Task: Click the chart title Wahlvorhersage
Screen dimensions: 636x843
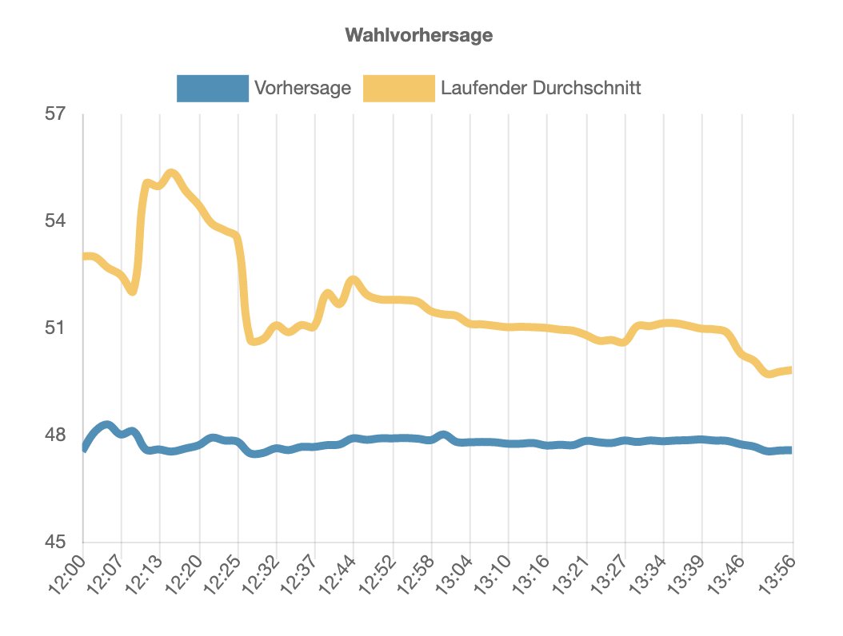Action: pyautogui.click(x=418, y=36)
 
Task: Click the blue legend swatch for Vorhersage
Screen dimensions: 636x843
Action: pyautogui.click(x=212, y=88)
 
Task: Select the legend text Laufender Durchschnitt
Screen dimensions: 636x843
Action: pyautogui.click(x=541, y=88)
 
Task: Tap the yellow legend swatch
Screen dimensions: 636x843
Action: pyautogui.click(x=399, y=88)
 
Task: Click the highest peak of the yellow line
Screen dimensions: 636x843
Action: pyautogui.click(x=170, y=173)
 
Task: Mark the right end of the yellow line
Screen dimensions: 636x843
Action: pyautogui.click(x=790, y=370)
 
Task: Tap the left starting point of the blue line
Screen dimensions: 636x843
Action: pyautogui.click(x=84, y=449)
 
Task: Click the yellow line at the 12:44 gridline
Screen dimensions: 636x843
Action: pyautogui.click(x=354, y=280)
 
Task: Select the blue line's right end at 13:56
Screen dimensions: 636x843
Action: pyautogui.click(x=790, y=451)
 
